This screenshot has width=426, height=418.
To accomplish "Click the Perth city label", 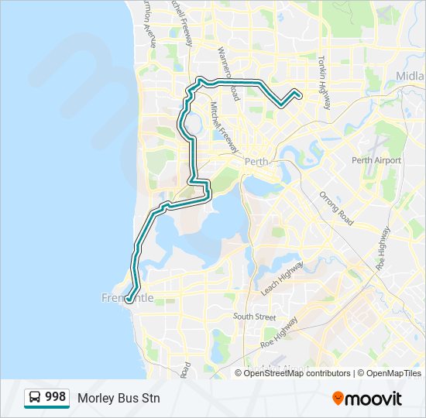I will pyautogui.click(x=255, y=162).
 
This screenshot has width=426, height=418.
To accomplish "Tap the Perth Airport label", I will pyautogui.click(x=376, y=160).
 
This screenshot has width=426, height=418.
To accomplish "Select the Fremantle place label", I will pyautogui.click(x=128, y=298).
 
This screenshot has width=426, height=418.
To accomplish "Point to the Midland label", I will pyautogui.click(x=410, y=77).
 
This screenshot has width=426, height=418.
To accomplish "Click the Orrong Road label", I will pyautogui.click(x=336, y=207).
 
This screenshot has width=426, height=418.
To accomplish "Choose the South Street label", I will pyautogui.click(x=254, y=317).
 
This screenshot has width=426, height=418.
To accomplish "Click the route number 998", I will pyautogui.click(x=56, y=397).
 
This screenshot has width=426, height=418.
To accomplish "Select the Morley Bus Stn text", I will pyautogui.click(x=119, y=398).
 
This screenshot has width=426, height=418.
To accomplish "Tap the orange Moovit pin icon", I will pyautogui.click(x=338, y=399).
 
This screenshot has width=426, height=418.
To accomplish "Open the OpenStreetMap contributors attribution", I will pyautogui.click(x=297, y=373).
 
